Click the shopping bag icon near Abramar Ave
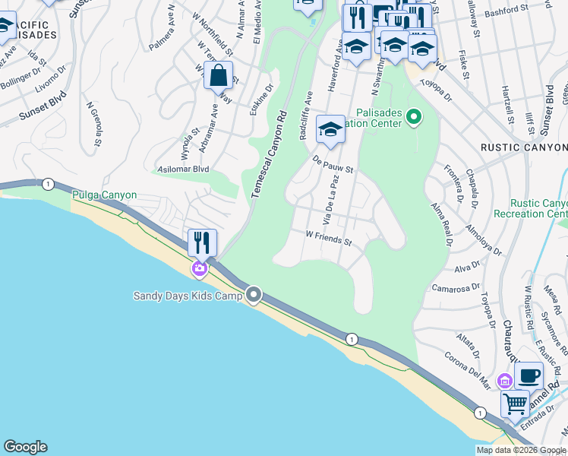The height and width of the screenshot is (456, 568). [219, 76]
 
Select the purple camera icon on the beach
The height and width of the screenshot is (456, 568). [199, 268]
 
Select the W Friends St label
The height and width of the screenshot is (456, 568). [329, 239]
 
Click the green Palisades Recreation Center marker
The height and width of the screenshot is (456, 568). [414, 117]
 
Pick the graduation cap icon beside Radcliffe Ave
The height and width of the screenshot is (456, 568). [330, 130]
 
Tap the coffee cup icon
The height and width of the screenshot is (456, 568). [529, 375]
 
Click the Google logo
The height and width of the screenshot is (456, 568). [25, 447]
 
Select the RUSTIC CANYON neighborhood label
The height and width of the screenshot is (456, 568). [524, 147]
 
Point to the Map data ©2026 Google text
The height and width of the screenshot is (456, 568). [521, 450]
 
